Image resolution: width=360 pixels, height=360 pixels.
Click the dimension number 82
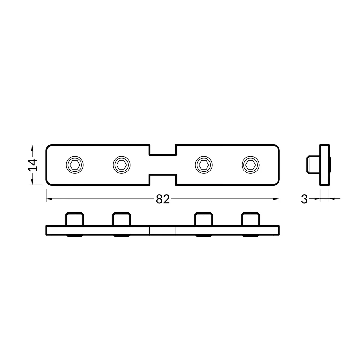[163, 199]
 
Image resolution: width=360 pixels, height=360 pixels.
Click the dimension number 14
[33, 165]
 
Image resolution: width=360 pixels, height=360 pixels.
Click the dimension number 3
[304, 199]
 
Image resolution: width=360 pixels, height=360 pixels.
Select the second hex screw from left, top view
[121, 164]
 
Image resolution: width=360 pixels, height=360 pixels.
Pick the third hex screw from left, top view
[204, 164]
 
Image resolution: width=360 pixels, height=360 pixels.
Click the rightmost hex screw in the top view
[251, 164]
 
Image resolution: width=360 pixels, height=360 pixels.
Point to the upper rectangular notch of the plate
[163, 150]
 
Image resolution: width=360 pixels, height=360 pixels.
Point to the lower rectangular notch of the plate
[163, 179]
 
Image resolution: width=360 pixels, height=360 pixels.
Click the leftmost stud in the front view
[75, 219]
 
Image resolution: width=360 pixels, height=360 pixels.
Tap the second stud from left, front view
[121, 219]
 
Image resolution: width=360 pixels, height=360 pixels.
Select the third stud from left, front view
[204, 219]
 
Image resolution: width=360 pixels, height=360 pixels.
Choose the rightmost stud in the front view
[251, 219]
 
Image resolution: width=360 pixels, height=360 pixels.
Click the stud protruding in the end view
[313, 165]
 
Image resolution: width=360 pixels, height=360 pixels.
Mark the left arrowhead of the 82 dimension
[49, 199]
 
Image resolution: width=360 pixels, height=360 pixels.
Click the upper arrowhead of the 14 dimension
[32, 148]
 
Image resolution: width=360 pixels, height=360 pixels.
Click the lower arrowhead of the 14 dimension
[32, 182]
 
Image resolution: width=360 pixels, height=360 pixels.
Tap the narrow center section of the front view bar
[163, 230]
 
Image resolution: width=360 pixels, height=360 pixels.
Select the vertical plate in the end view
[324, 165]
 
